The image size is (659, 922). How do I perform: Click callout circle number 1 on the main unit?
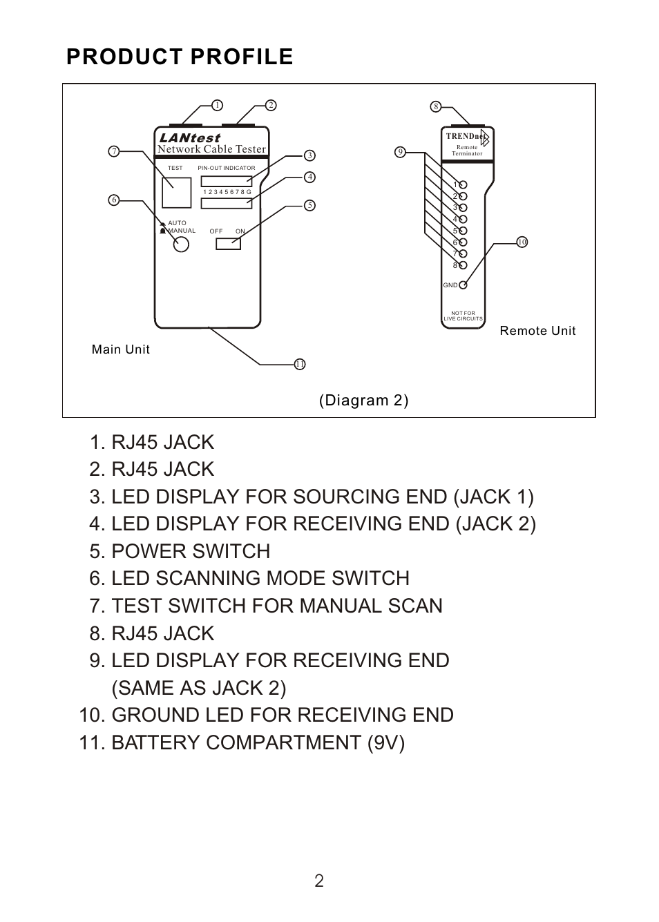pos(217,106)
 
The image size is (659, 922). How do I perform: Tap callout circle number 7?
pos(115,151)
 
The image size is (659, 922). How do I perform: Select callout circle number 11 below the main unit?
pos(300,364)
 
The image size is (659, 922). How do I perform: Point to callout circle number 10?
pos(522,242)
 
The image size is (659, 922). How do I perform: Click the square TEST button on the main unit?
pos(176,193)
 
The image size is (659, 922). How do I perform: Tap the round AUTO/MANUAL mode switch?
pos(181,244)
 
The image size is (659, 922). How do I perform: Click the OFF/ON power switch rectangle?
pos(228,244)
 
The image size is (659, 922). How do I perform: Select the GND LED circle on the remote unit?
pos(464,285)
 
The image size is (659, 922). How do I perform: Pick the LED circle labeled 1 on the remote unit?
pos(464,185)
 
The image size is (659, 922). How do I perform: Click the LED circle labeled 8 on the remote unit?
pos(464,265)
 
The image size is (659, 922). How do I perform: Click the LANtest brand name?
pos(189,138)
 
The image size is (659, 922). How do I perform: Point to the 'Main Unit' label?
pos(121,349)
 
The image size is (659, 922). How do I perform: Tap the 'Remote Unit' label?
pos(537,331)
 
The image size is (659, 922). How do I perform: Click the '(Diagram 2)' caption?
pos(363,401)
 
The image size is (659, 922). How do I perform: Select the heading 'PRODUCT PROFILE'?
pos(180,57)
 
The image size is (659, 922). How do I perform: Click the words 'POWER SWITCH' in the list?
pos(191,551)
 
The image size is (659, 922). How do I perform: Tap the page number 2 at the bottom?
pos(319,881)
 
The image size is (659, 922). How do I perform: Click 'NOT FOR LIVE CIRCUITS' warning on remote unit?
pos(463,316)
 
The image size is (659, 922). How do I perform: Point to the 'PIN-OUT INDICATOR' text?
pos(227,168)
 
